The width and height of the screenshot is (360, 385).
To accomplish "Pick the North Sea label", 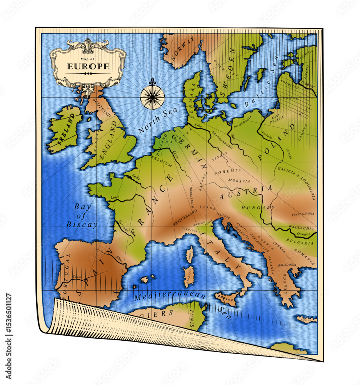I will click(158, 120).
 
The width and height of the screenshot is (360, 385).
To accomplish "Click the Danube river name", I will click(303, 234).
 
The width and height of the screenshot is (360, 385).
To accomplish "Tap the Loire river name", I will click(115, 198).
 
